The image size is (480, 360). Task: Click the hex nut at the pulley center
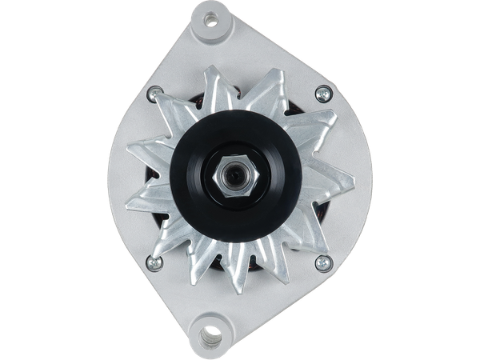point(232,170)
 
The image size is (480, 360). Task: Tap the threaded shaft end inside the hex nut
point(234,170)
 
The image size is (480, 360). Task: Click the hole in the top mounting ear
point(211,17)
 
